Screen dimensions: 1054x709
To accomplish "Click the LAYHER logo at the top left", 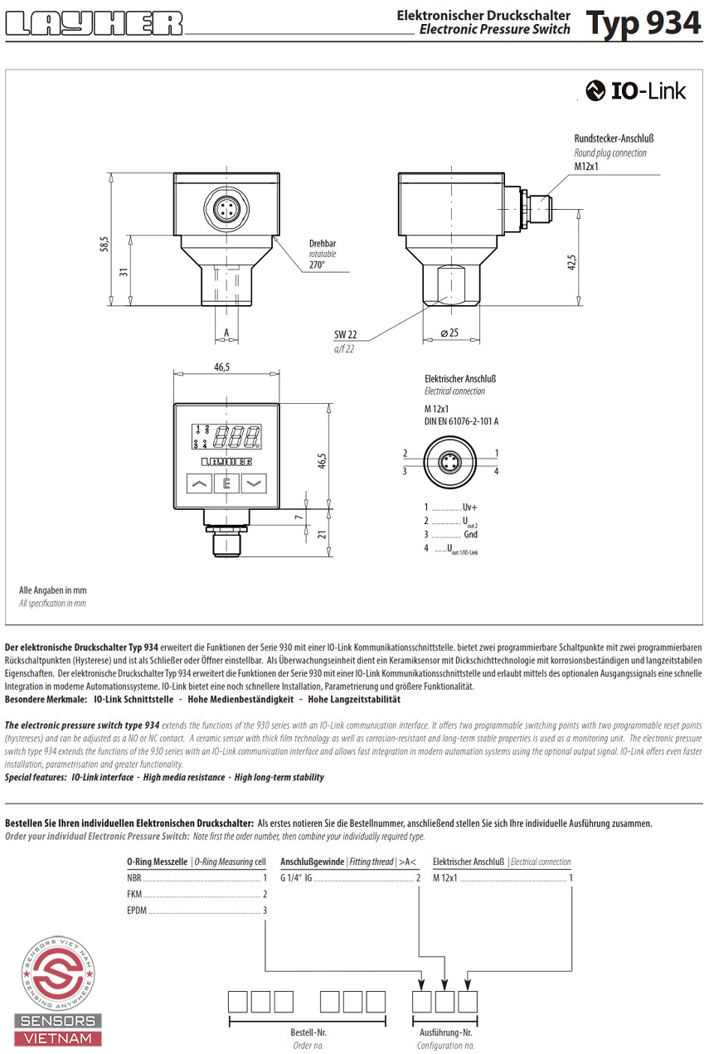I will click(95, 23).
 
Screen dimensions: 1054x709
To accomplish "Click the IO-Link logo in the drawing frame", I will click(636, 91).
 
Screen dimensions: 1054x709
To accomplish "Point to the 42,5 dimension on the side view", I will click(571, 262).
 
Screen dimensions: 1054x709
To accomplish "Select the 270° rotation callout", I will click(317, 265).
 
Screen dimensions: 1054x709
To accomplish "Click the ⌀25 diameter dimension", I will click(449, 333).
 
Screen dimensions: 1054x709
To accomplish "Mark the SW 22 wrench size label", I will click(346, 334).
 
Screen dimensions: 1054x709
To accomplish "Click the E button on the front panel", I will click(226, 483).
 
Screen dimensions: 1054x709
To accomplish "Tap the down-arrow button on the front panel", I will click(254, 483).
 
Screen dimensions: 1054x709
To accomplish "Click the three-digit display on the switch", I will click(237, 435).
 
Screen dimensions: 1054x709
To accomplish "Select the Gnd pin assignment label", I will click(470, 535).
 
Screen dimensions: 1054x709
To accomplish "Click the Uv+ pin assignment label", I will click(470, 507).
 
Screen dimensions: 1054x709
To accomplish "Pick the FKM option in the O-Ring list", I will click(134, 893).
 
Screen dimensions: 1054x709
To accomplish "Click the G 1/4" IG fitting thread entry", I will click(296, 877).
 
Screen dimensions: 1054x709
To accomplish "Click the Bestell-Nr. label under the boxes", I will click(308, 1033).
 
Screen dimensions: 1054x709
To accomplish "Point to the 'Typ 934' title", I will click(643, 23).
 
